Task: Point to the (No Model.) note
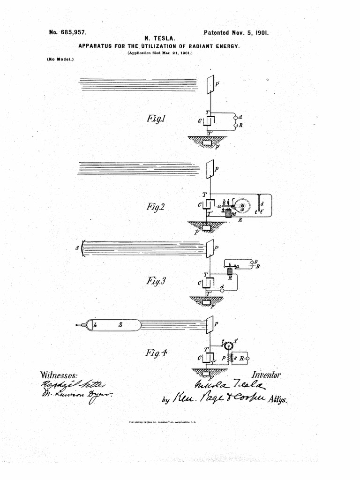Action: [x=60, y=60]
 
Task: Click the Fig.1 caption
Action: [x=156, y=120]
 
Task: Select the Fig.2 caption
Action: [x=156, y=207]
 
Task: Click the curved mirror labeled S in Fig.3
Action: [x=82, y=247]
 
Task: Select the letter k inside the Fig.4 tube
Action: [x=94, y=325]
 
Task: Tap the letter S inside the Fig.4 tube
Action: [x=120, y=325]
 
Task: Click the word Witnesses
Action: [x=59, y=375]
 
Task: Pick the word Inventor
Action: [x=266, y=375]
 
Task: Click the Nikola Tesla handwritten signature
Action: [x=228, y=385]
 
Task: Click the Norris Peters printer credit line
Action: [x=163, y=422]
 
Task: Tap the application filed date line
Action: [x=161, y=53]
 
